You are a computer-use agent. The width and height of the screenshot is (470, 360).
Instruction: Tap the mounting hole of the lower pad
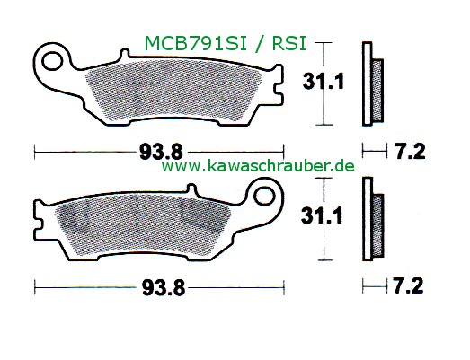(266, 194)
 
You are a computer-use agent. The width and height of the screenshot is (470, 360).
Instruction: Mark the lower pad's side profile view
(370, 218)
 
